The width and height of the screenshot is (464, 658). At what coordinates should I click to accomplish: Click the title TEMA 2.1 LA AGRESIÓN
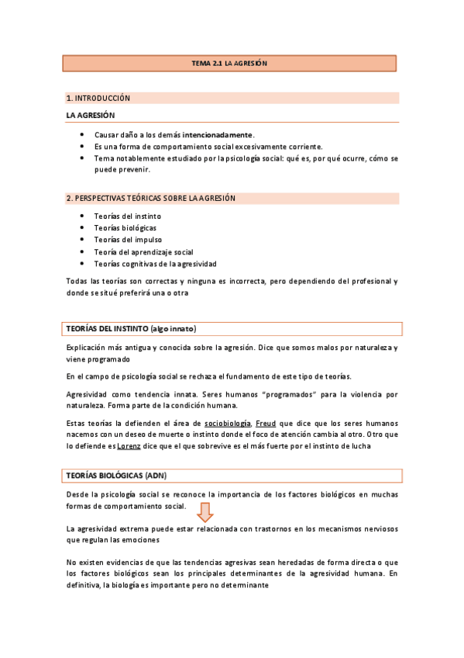tap(229, 64)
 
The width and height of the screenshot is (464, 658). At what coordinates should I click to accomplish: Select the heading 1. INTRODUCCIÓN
tap(98, 99)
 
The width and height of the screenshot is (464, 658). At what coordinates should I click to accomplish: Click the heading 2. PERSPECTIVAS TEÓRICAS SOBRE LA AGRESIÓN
tap(151, 198)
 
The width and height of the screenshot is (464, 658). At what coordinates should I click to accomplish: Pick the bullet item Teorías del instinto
tap(122, 216)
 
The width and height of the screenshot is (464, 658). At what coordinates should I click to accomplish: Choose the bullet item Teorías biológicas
tap(125, 228)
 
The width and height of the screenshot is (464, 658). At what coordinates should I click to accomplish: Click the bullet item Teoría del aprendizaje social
tap(143, 252)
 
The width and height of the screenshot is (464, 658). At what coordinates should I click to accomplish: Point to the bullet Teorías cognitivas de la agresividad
tap(156, 264)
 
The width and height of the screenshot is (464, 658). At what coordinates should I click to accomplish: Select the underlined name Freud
tap(266, 423)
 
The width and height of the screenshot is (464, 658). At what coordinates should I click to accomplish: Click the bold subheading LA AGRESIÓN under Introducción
tap(91, 116)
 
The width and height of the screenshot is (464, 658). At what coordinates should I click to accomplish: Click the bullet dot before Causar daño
tap(83, 134)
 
